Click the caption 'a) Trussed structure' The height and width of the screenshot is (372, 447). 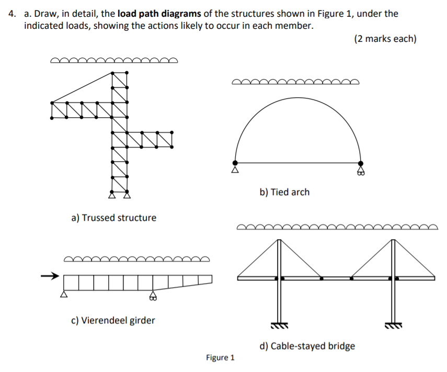(x=113, y=218)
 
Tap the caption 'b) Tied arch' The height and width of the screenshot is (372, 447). (x=284, y=192)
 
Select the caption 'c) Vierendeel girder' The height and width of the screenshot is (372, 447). (x=113, y=320)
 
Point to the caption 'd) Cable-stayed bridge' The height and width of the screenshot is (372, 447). (x=307, y=346)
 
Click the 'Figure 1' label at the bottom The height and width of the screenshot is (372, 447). (x=220, y=358)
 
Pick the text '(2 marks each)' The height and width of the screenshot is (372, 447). (x=385, y=39)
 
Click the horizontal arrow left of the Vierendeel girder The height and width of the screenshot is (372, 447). (x=49, y=276)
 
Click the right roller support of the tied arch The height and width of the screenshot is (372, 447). (x=360, y=170)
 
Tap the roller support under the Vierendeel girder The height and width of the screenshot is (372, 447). (x=153, y=296)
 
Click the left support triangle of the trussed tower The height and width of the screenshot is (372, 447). (x=112, y=196)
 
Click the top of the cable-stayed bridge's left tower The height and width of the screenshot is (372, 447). (x=279, y=240)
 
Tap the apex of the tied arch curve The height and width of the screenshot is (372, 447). (x=297, y=102)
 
